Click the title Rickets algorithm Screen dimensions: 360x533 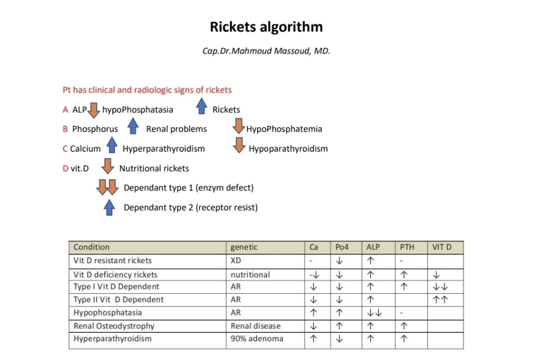coord(266,27)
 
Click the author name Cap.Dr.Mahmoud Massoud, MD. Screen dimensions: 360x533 coord(266,52)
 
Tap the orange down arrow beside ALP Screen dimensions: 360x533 coord(94,110)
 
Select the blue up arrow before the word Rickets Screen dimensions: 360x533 coord(201,107)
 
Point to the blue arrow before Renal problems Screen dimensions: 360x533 coord(133,127)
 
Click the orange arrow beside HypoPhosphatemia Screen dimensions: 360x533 coord(238,127)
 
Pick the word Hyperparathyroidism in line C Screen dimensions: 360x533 coord(163,149)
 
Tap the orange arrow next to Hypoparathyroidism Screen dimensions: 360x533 coord(239,146)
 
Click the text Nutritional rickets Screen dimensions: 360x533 coord(154,168)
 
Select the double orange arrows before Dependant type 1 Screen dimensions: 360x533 coord(107,187)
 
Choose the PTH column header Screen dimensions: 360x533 coord(407,247)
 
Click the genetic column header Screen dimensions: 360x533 coord(244,247)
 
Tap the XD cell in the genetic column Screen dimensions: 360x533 coord(236,260)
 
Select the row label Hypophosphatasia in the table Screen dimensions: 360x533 coord(108,313)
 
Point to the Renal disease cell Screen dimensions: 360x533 coord(256,326)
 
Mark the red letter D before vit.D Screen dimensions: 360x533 coord(66,168)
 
